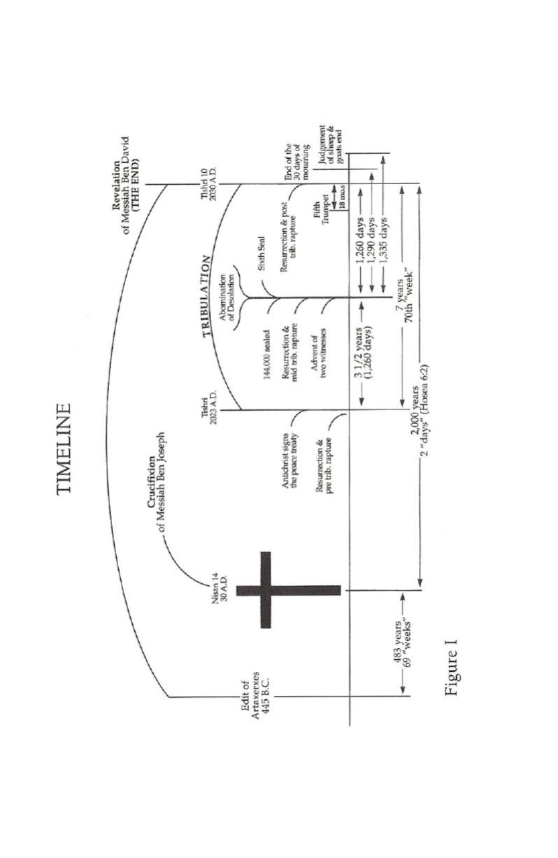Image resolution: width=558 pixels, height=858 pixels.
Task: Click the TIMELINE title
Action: tap(64, 449)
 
